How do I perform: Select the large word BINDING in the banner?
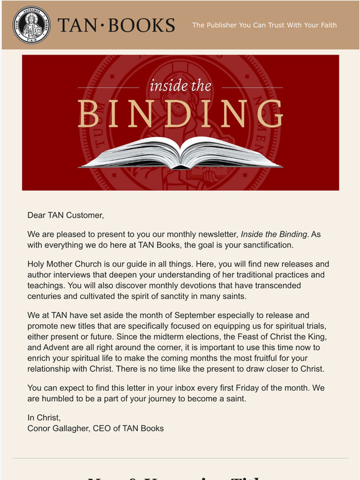[x=180, y=114]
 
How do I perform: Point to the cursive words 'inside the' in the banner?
[x=180, y=86]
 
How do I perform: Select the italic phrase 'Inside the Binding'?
[x=274, y=234]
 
